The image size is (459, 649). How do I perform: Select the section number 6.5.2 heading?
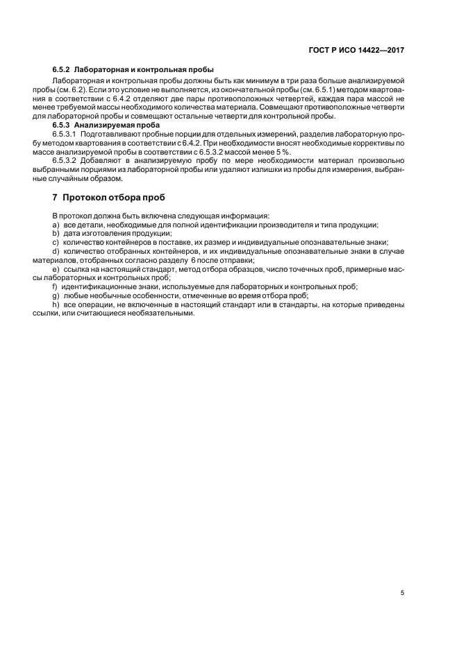62,71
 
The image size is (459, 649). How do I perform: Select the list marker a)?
55,225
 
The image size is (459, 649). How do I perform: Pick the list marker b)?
55,234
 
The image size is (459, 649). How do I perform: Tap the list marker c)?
55,243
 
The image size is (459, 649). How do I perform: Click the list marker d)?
55,251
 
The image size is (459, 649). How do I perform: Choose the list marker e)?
55,268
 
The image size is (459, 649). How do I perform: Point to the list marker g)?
55,295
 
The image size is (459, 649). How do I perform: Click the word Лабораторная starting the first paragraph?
75,80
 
